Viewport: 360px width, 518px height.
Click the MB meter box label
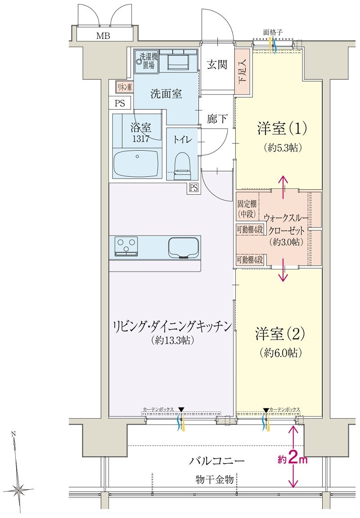103,36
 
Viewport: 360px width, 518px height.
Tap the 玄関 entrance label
217,64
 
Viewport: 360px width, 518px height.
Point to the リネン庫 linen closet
124,87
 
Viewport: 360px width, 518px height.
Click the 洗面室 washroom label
166,94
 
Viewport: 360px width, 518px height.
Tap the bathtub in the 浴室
136,164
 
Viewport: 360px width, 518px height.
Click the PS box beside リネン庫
120,103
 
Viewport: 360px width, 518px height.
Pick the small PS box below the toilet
193,188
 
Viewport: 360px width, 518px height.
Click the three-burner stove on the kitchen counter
126,246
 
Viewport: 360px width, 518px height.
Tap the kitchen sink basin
184,247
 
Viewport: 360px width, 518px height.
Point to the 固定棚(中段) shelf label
247,209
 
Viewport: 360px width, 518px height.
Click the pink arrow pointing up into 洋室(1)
283,187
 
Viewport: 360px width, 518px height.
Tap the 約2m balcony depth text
292,459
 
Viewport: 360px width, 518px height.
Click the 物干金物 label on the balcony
215,479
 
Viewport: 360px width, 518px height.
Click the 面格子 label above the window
273,32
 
